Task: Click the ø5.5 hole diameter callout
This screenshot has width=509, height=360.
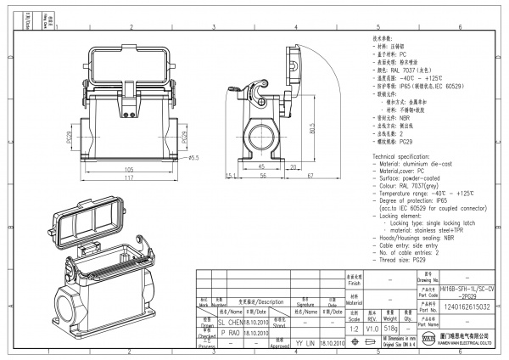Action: [x=193, y=157]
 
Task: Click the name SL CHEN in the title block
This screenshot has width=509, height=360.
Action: [x=230, y=323]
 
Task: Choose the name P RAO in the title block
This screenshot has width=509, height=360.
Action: [x=230, y=334]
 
